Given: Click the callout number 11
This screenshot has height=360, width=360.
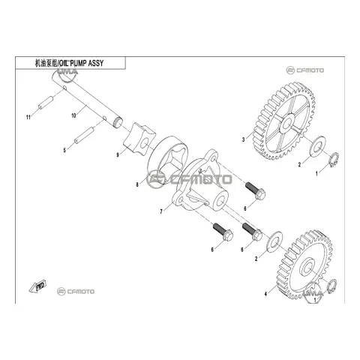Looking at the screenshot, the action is pyautogui.click(x=28, y=117).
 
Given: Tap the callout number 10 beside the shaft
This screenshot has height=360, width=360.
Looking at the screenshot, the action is pyautogui.click(x=73, y=115).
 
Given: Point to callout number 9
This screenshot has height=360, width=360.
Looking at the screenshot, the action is pyautogui.click(x=118, y=155).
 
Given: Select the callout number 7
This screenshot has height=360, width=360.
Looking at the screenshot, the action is pyautogui.click(x=161, y=211).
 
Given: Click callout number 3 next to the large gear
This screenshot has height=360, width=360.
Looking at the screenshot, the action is pyautogui.click(x=243, y=139).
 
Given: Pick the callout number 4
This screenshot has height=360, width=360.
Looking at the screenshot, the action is pyautogui.click(x=265, y=294).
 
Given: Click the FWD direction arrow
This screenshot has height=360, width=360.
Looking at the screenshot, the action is pyautogui.click(x=37, y=286).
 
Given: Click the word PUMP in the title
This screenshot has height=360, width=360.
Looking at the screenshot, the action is pyautogui.click(x=78, y=64).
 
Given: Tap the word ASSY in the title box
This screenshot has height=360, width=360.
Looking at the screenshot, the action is pyautogui.click(x=96, y=64).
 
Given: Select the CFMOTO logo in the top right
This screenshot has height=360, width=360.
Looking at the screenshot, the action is pyautogui.click(x=305, y=70).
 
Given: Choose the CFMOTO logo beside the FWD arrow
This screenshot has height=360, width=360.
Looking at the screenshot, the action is pyautogui.click(x=76, y=292).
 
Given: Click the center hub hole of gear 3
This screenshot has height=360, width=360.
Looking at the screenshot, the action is pyautogui.click(x=287, y=123).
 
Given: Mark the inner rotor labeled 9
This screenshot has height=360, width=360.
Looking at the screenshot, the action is pyautogui.click(x=139, y=139).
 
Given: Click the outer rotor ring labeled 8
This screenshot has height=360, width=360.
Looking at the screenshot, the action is pyautogui.click(x=168, y=159).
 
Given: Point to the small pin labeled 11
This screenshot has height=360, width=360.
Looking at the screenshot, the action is pyautogui.click(x=46, y=103).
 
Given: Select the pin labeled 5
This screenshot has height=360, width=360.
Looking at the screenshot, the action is pyautogui.click(x=84, y=136).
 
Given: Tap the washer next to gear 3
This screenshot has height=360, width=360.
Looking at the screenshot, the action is pyautogui.click(x=317, y=146).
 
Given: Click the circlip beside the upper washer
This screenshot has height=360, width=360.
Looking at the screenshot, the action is pyautogui.click(x=334, y=160).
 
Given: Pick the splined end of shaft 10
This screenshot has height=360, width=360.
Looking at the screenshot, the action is pyautogui.click(x=118, y=122).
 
